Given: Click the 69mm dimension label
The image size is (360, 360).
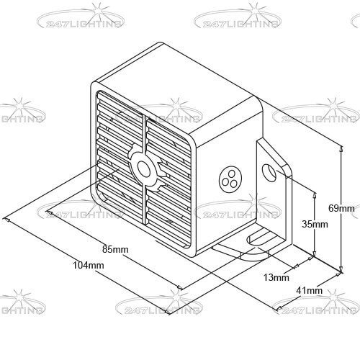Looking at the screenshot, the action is click(x=341, y=208).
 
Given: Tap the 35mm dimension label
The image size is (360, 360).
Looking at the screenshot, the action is click(x=315, y=224).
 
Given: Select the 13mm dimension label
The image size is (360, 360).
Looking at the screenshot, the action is click(x=276, y=277).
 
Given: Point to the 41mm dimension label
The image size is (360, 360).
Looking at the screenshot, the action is click(x=309, y=291).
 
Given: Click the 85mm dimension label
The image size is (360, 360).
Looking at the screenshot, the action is click(x=115, y=249).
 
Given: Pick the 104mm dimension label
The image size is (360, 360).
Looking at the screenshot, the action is click(x=89, y=265).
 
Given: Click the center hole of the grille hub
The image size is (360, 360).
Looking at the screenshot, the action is click(x=144, y=168).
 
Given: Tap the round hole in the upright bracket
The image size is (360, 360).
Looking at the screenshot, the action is click(x=270, y=173).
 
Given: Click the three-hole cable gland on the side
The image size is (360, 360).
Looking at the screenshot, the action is click(x=230, y=179).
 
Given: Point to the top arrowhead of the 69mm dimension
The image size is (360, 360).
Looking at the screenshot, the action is click(x=341, y=149).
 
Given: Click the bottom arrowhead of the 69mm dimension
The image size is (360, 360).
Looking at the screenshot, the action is click(x=341, y=269).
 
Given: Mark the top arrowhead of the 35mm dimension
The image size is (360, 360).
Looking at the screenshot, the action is click(x=315, y=195).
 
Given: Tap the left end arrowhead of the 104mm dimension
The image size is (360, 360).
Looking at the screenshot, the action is click(x=6, y=220).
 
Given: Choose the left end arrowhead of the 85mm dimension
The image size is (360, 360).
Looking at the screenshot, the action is click(x=50, y=212).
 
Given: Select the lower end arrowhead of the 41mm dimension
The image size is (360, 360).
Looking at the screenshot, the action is click(x=279, y=308).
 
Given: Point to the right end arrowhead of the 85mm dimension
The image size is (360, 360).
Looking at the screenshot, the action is click(x=180, y=287).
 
